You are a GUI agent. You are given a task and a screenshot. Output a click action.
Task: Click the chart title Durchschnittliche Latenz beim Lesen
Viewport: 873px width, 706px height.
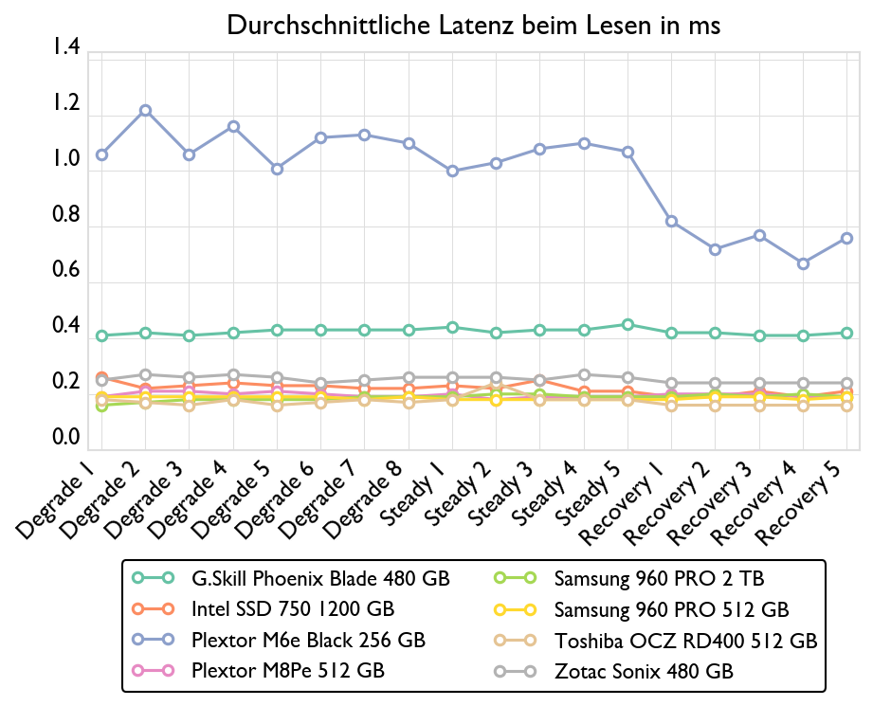click(474, 26)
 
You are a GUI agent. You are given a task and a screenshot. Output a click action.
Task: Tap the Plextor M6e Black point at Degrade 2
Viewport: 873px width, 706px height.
click(145, 111)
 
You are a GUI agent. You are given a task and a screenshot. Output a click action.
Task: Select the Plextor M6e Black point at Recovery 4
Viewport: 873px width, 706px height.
click(803, 263)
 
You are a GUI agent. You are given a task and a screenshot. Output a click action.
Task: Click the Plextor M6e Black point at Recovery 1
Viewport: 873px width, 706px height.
click(671, 222)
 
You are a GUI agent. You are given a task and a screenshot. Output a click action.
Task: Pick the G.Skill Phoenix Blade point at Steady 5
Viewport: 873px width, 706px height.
click(627, 325)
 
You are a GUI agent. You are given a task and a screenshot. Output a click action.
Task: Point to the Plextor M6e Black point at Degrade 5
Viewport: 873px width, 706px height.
click(277, 170)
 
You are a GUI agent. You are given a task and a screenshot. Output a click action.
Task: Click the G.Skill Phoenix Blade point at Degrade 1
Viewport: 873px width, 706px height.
click(101, 336)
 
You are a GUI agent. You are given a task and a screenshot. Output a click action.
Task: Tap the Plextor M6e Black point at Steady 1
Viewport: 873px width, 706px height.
click(452, 172)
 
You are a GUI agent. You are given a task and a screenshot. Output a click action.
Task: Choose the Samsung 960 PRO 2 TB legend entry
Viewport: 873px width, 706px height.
click(659, 578)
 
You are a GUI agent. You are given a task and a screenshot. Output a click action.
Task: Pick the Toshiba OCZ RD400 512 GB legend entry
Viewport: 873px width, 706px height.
click(685, 641)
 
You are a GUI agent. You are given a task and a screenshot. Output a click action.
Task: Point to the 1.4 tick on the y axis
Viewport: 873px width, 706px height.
click(66, 47)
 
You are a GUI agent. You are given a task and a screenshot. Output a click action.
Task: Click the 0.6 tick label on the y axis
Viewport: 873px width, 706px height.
click(66, 270)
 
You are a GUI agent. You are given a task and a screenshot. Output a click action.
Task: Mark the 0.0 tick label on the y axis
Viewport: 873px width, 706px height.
click(66, 437)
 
